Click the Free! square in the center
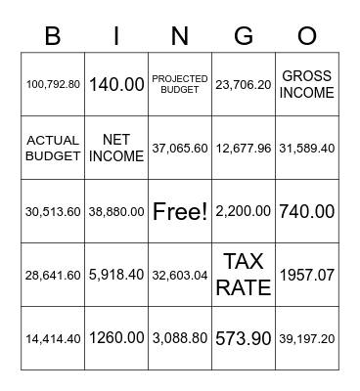click(180, 211)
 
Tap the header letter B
click(53, 37)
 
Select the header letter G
click(244, 37)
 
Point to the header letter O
click(307, 37)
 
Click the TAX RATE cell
click(244, 275)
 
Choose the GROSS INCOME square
click(307, 84)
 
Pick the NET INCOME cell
click(116, 148)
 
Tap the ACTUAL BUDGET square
click(53, 148)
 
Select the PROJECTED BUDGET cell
click(180, 84)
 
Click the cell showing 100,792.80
click(53, 84)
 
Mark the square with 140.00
click(116, 84)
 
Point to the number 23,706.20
click(244, 84)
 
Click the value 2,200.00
click(244, 211)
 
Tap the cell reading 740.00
click(307, 211)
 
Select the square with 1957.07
click(307, 275)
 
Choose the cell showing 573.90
click(244, 338)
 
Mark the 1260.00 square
click(116, 338)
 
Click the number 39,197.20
click(307, 338)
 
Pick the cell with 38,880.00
click(116, 211)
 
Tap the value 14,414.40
click(53, 338)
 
